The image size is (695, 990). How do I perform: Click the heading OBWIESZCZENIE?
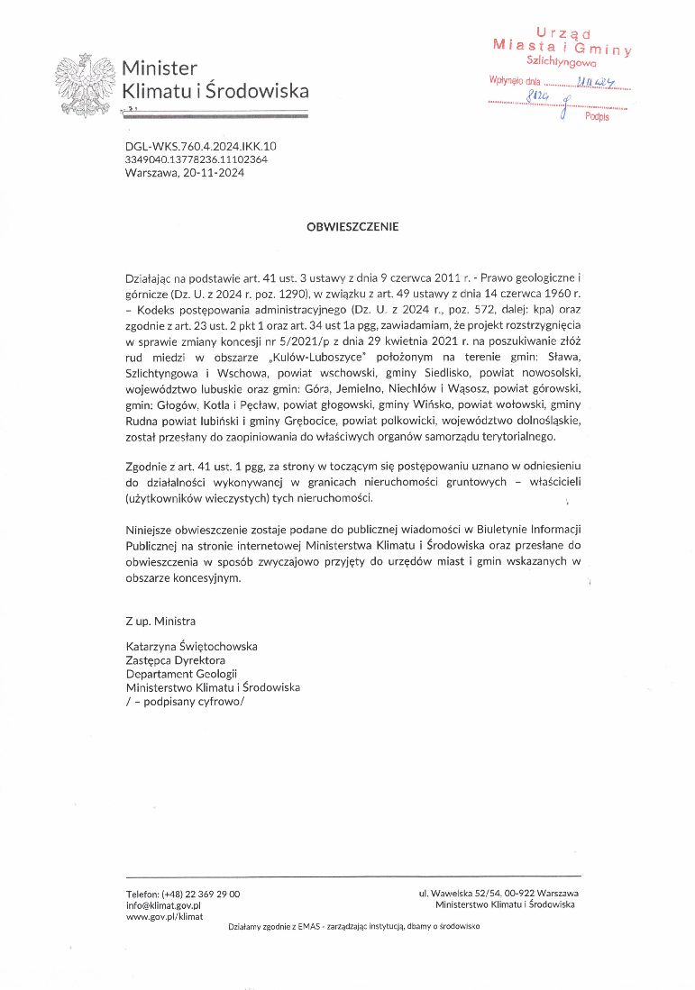tap(352, 227)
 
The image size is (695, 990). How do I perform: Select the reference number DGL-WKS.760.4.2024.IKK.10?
tap(201, 146)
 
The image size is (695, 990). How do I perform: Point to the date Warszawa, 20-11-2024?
tap(185, 173)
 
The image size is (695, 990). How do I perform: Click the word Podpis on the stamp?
tap(596, 117)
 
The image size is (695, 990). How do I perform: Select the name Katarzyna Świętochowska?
tap(192, 646)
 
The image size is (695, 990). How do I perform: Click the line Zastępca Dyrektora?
tap(176, 659)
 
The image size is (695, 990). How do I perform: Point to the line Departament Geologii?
tap(181, 673)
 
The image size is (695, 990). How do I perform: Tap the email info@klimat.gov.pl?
tap(163, 904)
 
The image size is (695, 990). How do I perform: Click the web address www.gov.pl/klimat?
tap(164, 916)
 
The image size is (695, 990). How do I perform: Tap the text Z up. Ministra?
tap(160, 622)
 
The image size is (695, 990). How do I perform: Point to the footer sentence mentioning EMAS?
tap(353, 926)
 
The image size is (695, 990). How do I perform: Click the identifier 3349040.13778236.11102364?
tap(197, 159)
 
